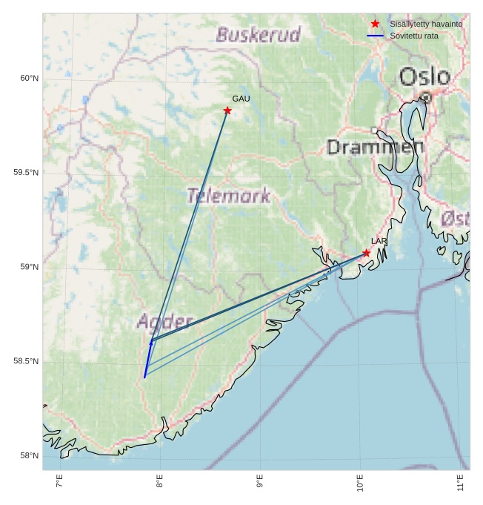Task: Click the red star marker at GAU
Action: pos(227,110)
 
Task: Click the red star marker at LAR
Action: pos(366,253)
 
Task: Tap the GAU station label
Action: pos(241,99)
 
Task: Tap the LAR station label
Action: pos(379,242)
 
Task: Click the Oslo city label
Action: pos(424,76)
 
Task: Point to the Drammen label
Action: pos(375,147)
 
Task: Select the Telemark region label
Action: pos(228,196)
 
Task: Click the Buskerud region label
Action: pos(259,35)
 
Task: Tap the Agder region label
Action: pos(164,322)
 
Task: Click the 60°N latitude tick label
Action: pos(29,78)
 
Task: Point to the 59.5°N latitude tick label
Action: pos(26,173)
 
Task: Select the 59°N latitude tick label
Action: pos(29,267)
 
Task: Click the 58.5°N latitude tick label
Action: pos(26,361)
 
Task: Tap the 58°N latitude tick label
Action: pos(29,455)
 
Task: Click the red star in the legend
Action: pos(375,24)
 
